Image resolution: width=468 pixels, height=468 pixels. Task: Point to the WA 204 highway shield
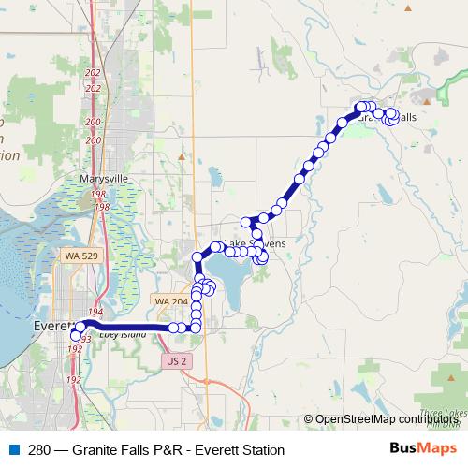tap(170, 301)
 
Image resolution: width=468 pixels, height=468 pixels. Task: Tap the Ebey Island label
tap(117, 334)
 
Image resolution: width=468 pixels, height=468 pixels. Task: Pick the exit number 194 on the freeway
tap(94, 311)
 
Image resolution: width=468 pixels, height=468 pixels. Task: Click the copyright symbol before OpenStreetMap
tap(309, 419)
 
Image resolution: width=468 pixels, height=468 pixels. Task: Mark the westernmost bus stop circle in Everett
tap(76, 334)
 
